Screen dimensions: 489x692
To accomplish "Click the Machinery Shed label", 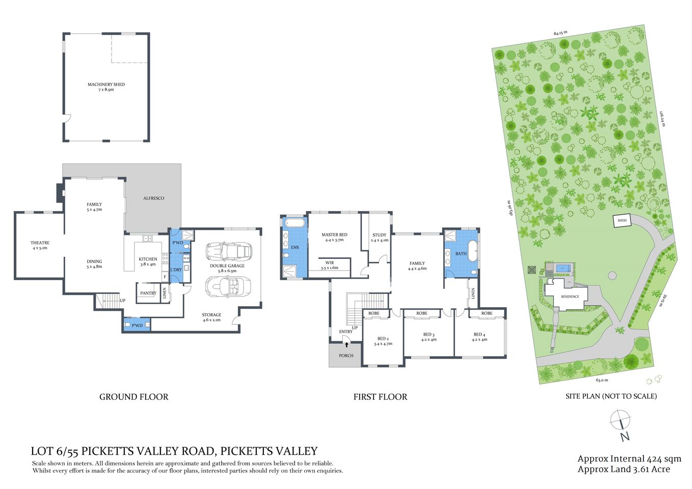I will point(106,87).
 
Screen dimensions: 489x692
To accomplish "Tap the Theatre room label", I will point(39,245).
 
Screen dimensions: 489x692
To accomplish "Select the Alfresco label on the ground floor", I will point(153,198).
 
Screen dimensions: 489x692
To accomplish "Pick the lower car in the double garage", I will point(228,287).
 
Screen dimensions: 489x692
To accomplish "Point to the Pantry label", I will point(148,293).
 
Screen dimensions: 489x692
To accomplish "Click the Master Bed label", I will point(334,237).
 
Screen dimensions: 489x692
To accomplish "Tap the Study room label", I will point(379,237).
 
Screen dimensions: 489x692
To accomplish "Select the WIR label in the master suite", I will point(329,265).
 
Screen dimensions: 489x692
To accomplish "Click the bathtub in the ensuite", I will point(295,223).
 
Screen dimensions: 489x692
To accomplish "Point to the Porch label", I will point(345,356).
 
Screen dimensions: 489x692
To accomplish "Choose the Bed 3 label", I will point(429,337).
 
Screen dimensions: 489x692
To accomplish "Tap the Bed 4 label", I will point(480,337).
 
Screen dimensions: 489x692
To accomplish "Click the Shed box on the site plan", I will point(622,221).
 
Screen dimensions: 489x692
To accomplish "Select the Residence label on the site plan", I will point(570,296).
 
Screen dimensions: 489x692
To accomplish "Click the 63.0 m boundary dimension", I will point(602,379).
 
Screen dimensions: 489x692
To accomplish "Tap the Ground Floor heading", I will point(134,397).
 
